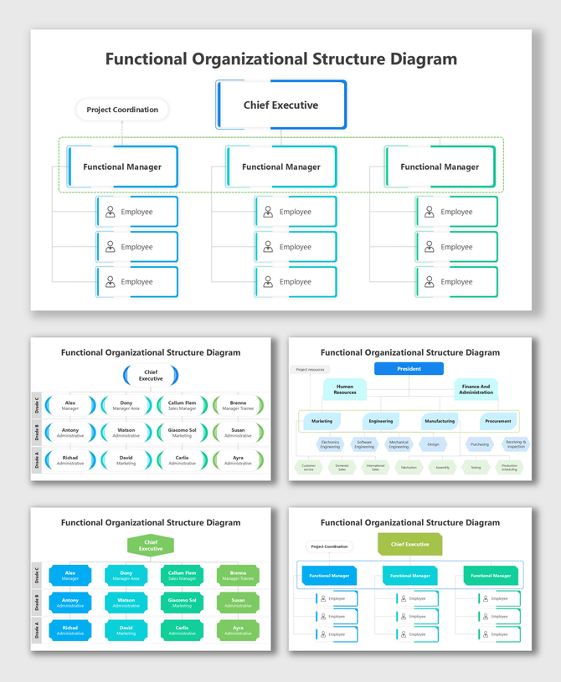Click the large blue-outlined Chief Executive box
pyautogui.click(x=281, y=105)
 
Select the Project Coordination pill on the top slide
pyautogui.click(x=122, y=110)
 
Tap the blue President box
pyautogui.click(x=409, y=369)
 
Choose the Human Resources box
pyautogui.click(x=345, y=389)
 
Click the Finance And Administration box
pyautogui.click(x=476, y=389)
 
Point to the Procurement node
pyautogui.click(x=497, y=421)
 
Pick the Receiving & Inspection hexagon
pyautogui.click(x=515, y=444)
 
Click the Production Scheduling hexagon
pyautogui.click(x=509, y=468)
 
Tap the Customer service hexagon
pyautogui.click(x=309, y=468)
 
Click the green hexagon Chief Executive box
pyautogui.click(x=151, y=546)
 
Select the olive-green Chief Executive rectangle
pyautogui.click(x=409, y=545)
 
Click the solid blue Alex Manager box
pyautogui.click(x=70, y=576)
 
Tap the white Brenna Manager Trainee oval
pyautogui.click(x=238, y=405)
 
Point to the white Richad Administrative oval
pyautogui.click(x=70, y=460)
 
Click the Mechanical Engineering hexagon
pyautogui.click(x=399, y=444)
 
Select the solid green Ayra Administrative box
pyautogui.click(x=238, y=630)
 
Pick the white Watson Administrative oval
pyautogui.click(x=126, y=433)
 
